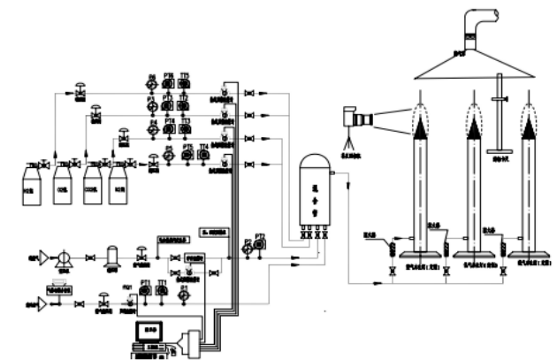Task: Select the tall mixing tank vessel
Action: [316, 189]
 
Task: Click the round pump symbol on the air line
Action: [63, 257]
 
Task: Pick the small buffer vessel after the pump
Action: [111, 256]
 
